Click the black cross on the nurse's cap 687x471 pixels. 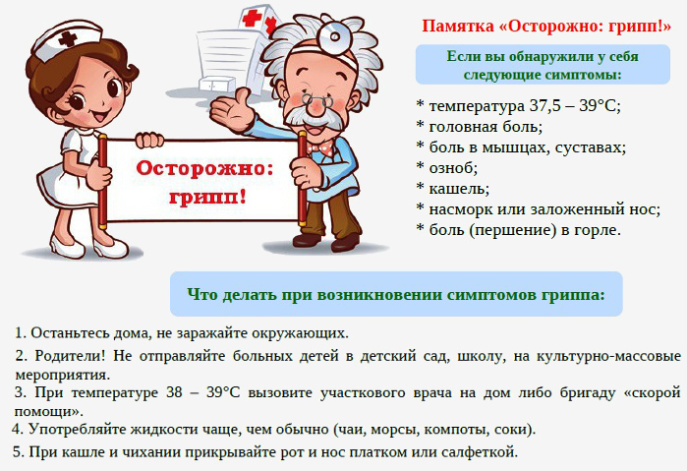pos(67,39)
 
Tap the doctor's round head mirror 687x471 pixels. pos(334,36)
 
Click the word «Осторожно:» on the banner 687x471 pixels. pos(204,168)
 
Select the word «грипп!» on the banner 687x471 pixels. pos(207,197)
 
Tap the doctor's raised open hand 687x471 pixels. pos(231,109)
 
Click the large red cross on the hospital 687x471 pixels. pos(252,19)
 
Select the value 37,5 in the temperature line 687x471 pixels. pos(545,106)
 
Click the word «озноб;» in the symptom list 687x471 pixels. pos(453,168)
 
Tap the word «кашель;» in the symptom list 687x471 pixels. pos(459,189)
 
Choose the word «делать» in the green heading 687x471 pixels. pos(247,294)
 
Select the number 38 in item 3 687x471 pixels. pos(174,392)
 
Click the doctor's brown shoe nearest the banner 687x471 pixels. pos(307,240)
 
